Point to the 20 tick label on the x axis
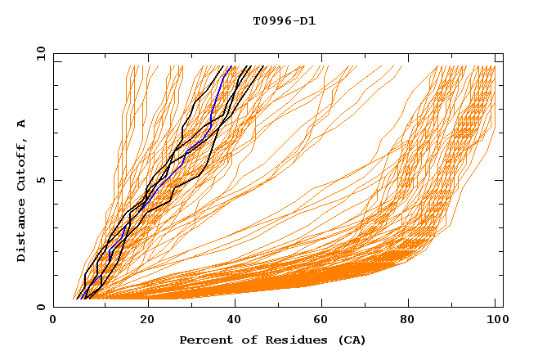(x=147, y=322)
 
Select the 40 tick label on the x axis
(x=235, y=322)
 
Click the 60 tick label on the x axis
(x=324, y=322)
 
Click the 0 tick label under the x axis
(x=54, y=322)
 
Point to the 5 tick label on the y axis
(x=40, y=180)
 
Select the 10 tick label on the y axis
(x=38, y=54)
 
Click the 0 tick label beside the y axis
(x=40, y=307)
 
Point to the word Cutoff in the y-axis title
(x=21, y=166)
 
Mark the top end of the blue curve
(x=231, y=66)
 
